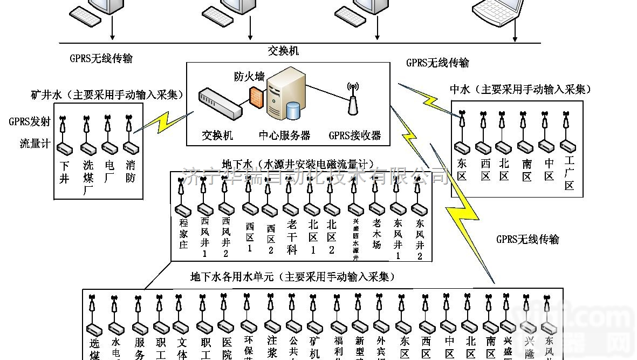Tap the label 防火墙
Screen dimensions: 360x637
[x=249, y=77]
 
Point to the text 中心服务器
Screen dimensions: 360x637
[x=284, y=135]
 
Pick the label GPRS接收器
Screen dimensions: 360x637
[x=354, y=135]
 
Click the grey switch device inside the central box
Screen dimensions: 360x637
[x=220, y=104]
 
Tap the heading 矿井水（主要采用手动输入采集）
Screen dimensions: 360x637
[x=107, y=95]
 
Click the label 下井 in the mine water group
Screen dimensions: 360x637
[x=65, y=172]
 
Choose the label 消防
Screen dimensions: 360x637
[x=130, y=172]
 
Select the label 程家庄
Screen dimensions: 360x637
[x=183, y=233]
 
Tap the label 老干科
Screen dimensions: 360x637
[x=292, y=236]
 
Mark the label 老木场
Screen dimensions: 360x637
[x=376, y=233]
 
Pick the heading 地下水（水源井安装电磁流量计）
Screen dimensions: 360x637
[x=298, y=164]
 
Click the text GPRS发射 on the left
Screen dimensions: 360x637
[x=30, y=121]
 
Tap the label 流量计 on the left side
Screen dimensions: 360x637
[x=35, y=144]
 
